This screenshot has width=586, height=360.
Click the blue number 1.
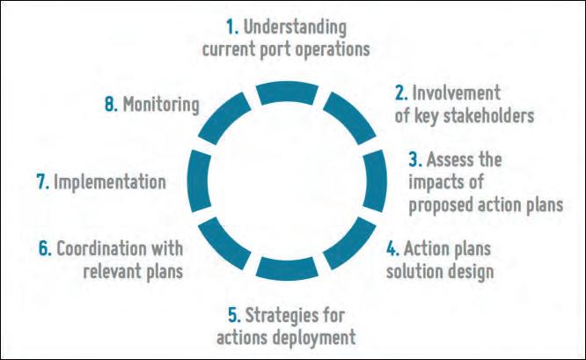click(231, 27)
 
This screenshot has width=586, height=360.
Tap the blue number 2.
click(401, 93)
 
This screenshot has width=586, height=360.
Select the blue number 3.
click(414, 159)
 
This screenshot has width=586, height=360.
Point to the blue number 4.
click(392, 248)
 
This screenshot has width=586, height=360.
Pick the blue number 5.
click(234, 315)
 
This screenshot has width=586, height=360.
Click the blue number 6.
click(45, 248)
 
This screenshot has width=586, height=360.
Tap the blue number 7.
click(43, 182)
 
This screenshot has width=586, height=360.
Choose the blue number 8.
click(112, 104)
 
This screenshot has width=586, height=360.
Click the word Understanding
click(296, 28)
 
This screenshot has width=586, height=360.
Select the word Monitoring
click(161, 105)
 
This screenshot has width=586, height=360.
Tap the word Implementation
click(110, 183)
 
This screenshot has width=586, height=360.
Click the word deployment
click(313, 338)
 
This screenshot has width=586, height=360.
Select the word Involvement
click(456, 93)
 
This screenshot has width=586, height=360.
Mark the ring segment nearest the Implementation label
click(199, 181)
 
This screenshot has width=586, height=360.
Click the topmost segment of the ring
click(287, 92)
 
